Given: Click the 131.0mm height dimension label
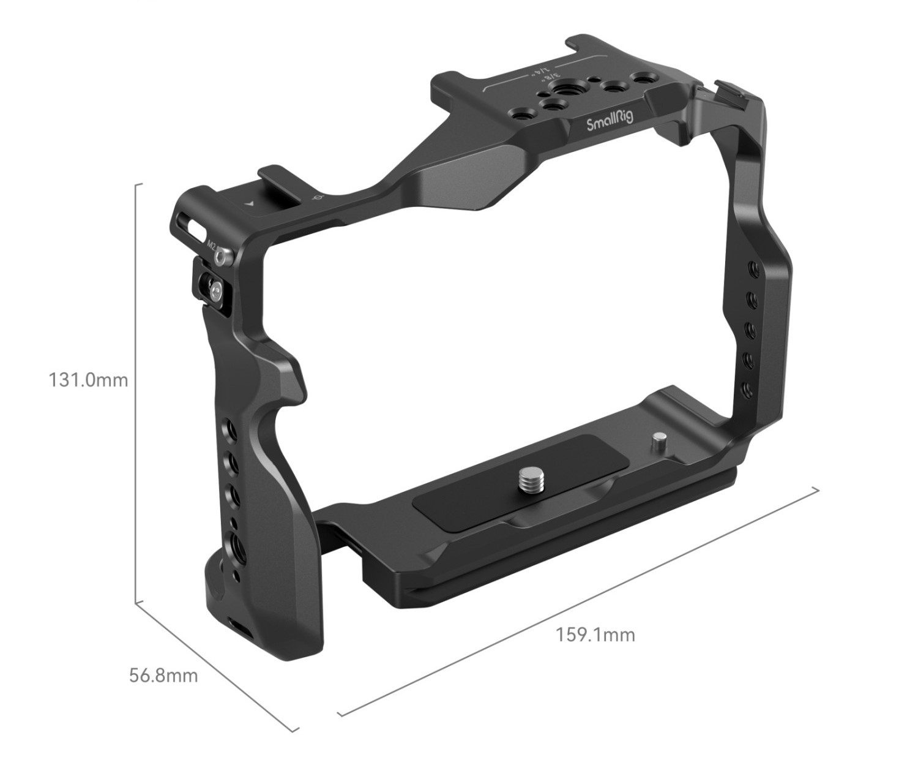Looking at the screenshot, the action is [x=88, y=380].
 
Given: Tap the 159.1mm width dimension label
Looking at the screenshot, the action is [x=595, y=635].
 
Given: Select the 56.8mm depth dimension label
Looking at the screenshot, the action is [x=163, y=676].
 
